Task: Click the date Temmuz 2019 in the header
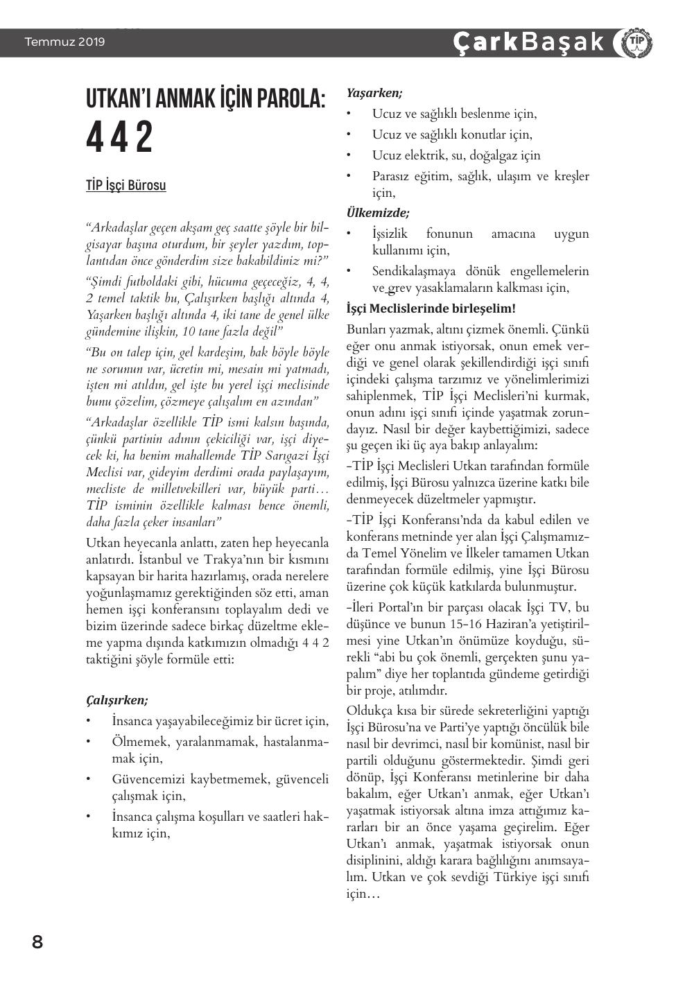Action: (64, 42)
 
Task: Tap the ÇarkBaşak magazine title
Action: (528, 42)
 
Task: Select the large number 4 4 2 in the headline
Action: (119, 138)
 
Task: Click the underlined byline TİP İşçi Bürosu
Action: (125, 186)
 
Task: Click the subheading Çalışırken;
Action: (116, 700)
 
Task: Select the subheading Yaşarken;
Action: (374, 93)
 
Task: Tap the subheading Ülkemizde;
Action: (377, 213)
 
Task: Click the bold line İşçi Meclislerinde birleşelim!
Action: (431, 308)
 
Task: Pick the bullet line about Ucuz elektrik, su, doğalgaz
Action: (456, 155)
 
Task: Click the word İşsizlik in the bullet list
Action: (390, 234)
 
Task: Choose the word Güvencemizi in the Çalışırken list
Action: (148, 779)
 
